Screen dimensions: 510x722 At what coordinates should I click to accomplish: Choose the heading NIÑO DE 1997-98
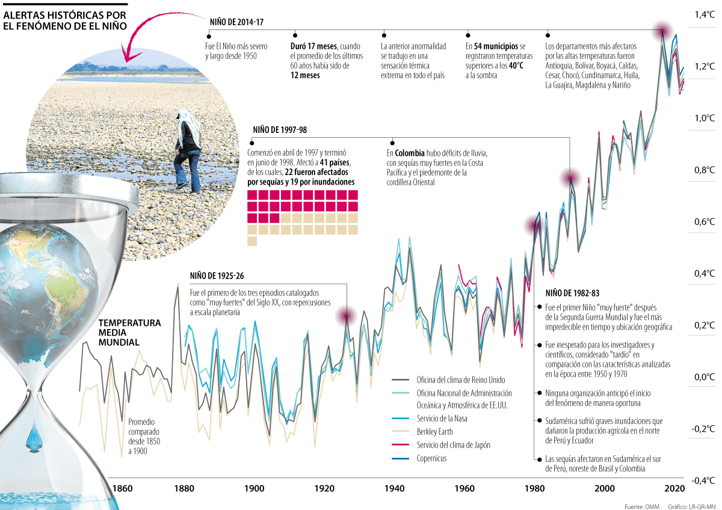[x=279, y=130]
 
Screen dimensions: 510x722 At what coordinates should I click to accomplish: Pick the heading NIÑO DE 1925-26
[x=216, y=277]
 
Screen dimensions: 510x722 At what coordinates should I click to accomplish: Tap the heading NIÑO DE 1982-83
[x=572, y=293]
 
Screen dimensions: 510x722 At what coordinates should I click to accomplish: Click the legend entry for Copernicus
[x=432, y=458]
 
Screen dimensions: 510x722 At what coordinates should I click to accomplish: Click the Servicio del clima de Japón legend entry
[x=454, y=444]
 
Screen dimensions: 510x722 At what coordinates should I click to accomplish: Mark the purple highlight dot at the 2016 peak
[x=662, y=30]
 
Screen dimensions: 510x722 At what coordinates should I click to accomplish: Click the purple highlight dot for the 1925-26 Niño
[x=346, y=315]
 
